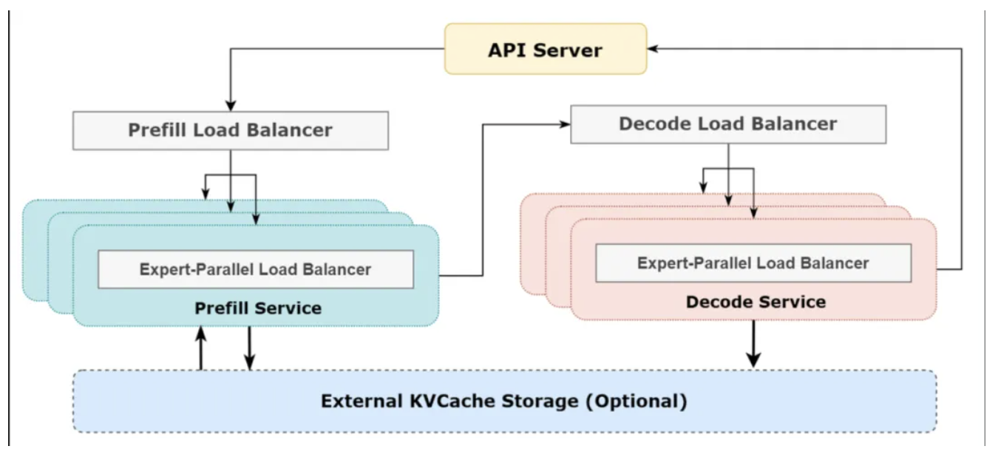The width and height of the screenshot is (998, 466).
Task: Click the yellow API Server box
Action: click(546, 49)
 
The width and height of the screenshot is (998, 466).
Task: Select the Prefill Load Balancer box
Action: click(231, 130)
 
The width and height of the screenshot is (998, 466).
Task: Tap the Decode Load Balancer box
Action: click(728, 124)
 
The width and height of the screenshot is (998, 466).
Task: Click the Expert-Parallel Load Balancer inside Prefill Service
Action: click(256, 269)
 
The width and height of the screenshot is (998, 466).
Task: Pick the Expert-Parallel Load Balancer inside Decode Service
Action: click(753, 263)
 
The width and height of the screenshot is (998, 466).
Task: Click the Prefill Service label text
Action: click(258, 308)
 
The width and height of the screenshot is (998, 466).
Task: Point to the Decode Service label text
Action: click(756, 302)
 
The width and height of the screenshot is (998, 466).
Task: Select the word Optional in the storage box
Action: click(637, 401)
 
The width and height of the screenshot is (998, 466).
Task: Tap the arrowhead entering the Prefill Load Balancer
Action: click(231, 106)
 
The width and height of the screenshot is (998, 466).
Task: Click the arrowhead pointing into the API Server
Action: click(653, 49)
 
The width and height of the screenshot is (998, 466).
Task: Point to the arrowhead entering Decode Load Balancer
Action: click(565, 124)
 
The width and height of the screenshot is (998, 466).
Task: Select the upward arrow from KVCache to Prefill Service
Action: click(201, 348)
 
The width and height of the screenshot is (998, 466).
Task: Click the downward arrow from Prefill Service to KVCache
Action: click(250, 348)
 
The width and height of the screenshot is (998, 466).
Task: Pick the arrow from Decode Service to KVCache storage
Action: click(753, 344)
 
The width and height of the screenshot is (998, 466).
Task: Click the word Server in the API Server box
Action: click(567, 50)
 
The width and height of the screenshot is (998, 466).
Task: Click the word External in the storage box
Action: click(362, 401)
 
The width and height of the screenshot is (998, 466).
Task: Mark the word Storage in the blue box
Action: click(540, 401)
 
